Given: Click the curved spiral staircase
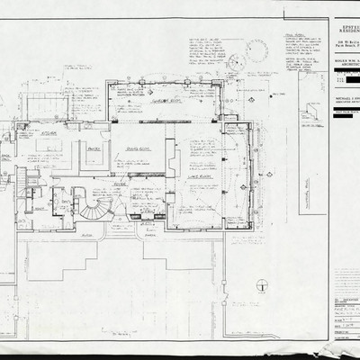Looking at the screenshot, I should tap(93, 207).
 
